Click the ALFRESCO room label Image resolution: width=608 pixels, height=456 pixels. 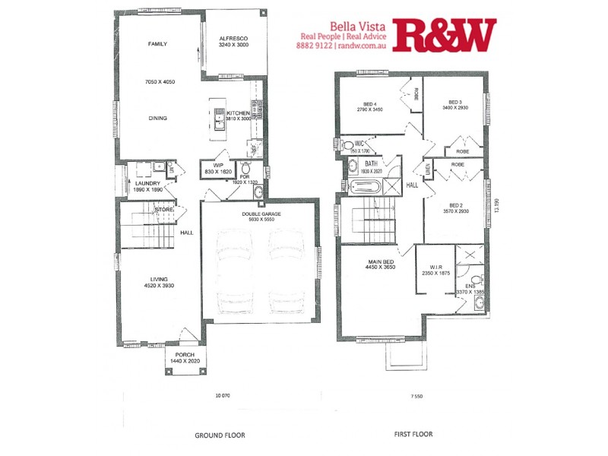point(233,38)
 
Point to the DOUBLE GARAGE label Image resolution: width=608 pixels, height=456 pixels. point(261,214)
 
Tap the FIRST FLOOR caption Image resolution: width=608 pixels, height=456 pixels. point(413,435)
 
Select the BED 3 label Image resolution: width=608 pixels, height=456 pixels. point(455,102)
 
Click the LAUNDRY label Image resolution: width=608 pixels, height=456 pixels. point(147,183)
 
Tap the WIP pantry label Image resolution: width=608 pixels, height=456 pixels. point(217,165)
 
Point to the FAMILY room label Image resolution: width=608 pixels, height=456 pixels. point(158,45)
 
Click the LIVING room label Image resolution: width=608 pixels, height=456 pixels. point(159,279)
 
